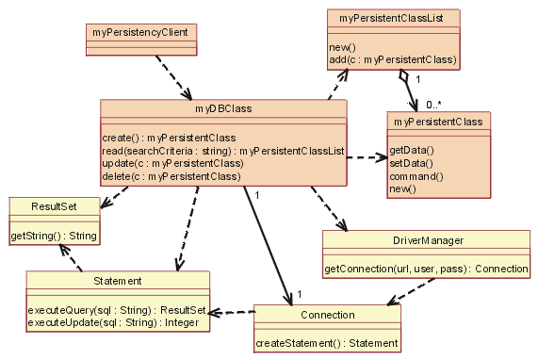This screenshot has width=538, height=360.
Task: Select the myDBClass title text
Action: [223, 108]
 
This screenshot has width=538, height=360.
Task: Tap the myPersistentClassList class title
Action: [393, 17]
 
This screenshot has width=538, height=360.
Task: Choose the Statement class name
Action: [118, 281]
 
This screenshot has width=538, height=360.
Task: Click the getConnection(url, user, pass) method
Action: [426, 269]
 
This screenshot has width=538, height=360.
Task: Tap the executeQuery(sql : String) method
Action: [117, 309]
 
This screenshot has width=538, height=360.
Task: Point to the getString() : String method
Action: [54, 234]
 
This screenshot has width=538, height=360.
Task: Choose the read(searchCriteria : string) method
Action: [223, 151]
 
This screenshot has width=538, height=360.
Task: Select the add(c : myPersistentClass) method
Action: [393, 59]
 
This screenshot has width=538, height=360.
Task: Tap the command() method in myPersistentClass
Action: [416, 176]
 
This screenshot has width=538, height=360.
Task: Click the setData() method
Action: [411, 163]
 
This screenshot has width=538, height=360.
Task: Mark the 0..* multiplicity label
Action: [434, 104]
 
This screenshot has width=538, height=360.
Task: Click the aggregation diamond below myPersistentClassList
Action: [403, 74]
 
